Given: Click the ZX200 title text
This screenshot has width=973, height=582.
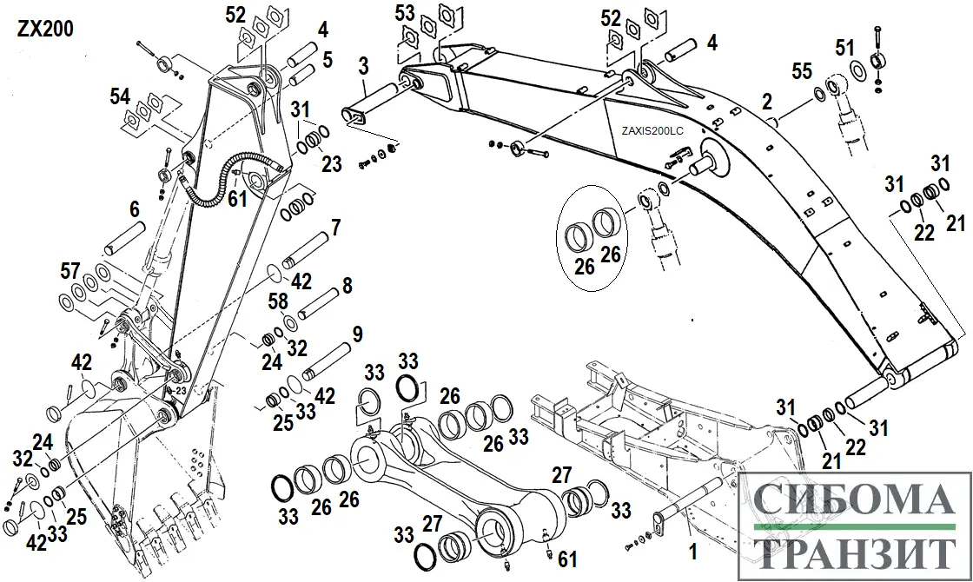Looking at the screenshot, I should coord(44,29).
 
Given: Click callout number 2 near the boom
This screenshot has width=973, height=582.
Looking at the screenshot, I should coord(767,103).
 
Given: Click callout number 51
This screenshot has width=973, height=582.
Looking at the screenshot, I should coord(845,47).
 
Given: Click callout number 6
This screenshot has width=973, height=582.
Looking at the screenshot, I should coord(135,209).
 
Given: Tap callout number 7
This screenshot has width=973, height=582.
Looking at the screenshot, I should coord(334,229).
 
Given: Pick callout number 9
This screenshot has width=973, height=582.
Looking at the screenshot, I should coord(356,334).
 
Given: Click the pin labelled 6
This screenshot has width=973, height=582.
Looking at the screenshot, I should coord(122,237).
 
